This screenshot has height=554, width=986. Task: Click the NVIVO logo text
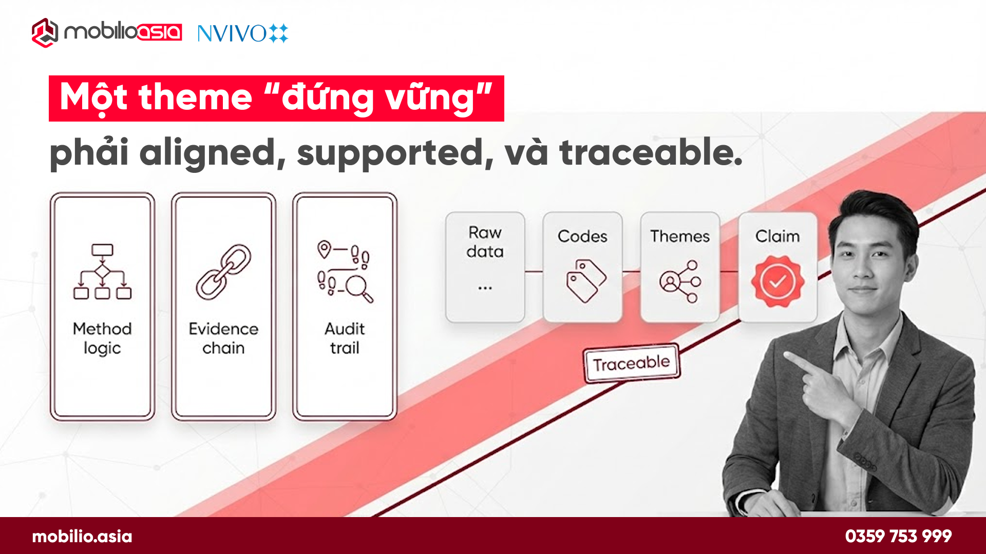232,34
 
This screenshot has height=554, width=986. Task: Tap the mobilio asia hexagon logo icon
45,33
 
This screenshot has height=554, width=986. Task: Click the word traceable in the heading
651,153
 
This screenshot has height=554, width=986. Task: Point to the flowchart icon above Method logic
102,271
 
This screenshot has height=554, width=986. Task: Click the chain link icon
223,272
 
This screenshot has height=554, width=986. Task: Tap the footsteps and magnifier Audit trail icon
345,271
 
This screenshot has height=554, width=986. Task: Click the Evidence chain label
223,338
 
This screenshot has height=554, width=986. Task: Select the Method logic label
102,338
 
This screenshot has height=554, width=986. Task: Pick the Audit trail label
345,338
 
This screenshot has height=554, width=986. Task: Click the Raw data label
485,242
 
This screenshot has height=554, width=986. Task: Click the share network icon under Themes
680,281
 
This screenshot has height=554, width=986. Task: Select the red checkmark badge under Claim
777,281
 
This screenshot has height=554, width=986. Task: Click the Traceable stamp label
632,363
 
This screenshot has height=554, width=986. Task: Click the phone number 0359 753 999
898,536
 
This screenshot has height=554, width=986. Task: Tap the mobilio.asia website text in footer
82,537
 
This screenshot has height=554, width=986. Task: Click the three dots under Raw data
485,288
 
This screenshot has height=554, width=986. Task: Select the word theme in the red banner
196,97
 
